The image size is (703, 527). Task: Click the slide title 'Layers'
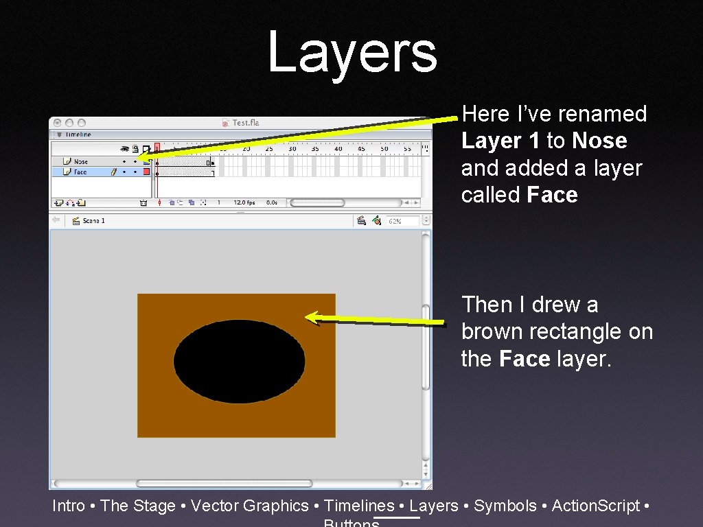(351, 52)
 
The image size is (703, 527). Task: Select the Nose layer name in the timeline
(81, 162)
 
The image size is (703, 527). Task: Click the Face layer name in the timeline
(80, 172)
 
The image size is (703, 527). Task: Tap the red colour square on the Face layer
(146, 172)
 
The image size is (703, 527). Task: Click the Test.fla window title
(245, 123)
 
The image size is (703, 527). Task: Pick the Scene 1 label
(93, 221)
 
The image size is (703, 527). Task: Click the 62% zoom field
(402, 221)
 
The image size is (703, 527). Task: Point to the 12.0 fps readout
(244, 202)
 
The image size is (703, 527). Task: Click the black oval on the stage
(239, 361)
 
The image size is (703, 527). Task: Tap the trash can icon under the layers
(143, 202)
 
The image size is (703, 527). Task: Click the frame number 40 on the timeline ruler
(338, 148)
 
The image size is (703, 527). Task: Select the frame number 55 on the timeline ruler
(407, 148)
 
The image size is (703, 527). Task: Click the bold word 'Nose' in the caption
(599, 141)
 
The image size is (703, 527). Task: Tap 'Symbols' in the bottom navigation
(505, 506)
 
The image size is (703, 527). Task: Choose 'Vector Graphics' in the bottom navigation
(250, 506)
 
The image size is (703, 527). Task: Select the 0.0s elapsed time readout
(272, 202)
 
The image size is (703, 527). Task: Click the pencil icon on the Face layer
(114, 172)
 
